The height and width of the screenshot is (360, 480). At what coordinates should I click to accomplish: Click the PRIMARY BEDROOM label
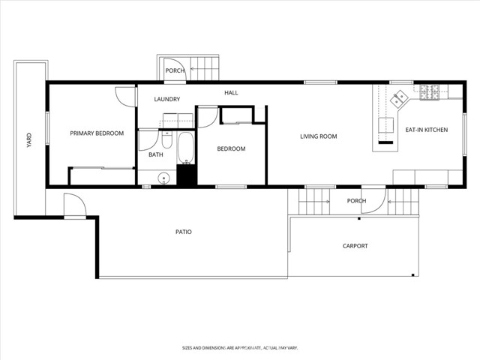coord(97,133)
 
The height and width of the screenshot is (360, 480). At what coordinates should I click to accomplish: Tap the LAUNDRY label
coord(166,99)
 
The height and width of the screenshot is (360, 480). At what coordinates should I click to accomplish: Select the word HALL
coord(231,92)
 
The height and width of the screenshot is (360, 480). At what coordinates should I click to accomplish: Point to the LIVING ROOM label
coord(318,136)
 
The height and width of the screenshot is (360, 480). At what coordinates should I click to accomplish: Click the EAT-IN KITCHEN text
coord(426,130)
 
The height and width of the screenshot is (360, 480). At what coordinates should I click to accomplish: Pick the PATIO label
coord(184,232)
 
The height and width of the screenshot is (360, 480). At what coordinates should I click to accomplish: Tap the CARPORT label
coord(355,246)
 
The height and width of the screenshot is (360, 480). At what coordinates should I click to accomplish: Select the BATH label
coord(156,154)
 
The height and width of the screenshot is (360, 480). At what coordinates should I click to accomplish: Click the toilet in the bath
coord(166,140)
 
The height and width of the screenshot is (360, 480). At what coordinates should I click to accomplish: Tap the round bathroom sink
coord(162,178)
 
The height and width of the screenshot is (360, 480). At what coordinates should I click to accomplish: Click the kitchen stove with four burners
coord(429,91)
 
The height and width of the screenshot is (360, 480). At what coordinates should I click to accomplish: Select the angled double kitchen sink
coord(398,97)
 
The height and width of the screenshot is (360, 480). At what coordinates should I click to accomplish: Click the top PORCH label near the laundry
coord(175,71)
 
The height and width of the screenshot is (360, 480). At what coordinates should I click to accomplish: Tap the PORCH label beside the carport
coord(356,201)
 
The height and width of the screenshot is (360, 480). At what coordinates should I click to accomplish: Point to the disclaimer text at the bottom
coord(240,348)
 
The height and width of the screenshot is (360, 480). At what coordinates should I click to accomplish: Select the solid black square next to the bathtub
coord(186,175)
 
